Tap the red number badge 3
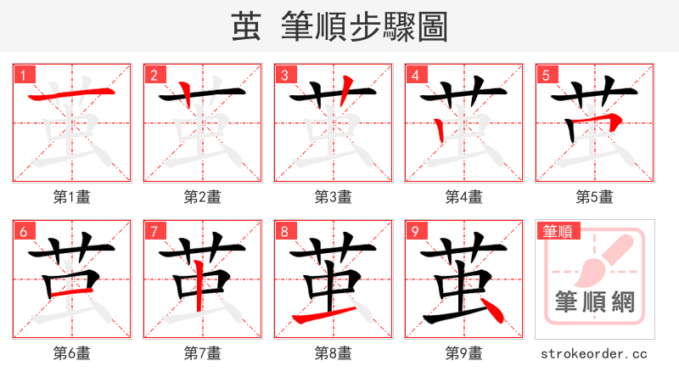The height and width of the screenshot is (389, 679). tap(285, 75)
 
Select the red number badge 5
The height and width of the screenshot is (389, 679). tap(547, 75)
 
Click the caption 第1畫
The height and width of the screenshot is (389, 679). tap(72, 197)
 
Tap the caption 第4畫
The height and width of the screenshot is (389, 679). tap(464, 197)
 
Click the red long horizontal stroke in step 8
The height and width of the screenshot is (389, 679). tap(328, 315)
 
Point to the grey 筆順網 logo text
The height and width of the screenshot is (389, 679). tap(594, 302)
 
